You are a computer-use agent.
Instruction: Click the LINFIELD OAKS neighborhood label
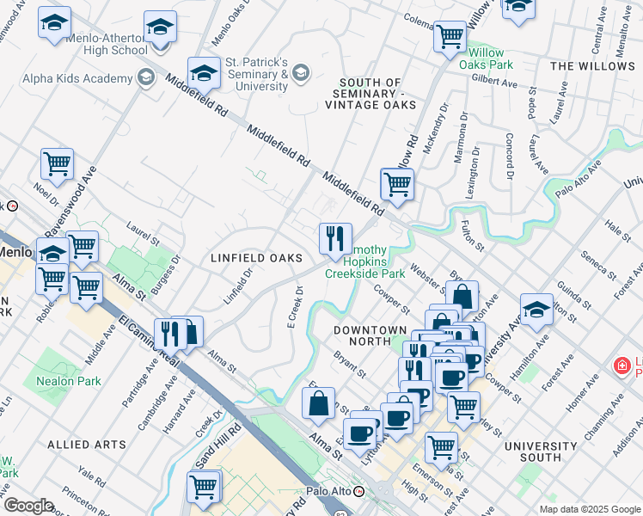[x=256, y=258]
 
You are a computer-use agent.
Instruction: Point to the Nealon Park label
[x=68, y=381]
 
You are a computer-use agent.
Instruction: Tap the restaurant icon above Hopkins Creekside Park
[x=335, y=239]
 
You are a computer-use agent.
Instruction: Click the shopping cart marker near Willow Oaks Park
[x=450, y=37]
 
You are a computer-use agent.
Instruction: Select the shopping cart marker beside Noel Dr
[x=57, y=163]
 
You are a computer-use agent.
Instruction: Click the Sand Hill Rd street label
[x=209, y=446]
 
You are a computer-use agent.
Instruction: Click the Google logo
[x=28, y=506]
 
